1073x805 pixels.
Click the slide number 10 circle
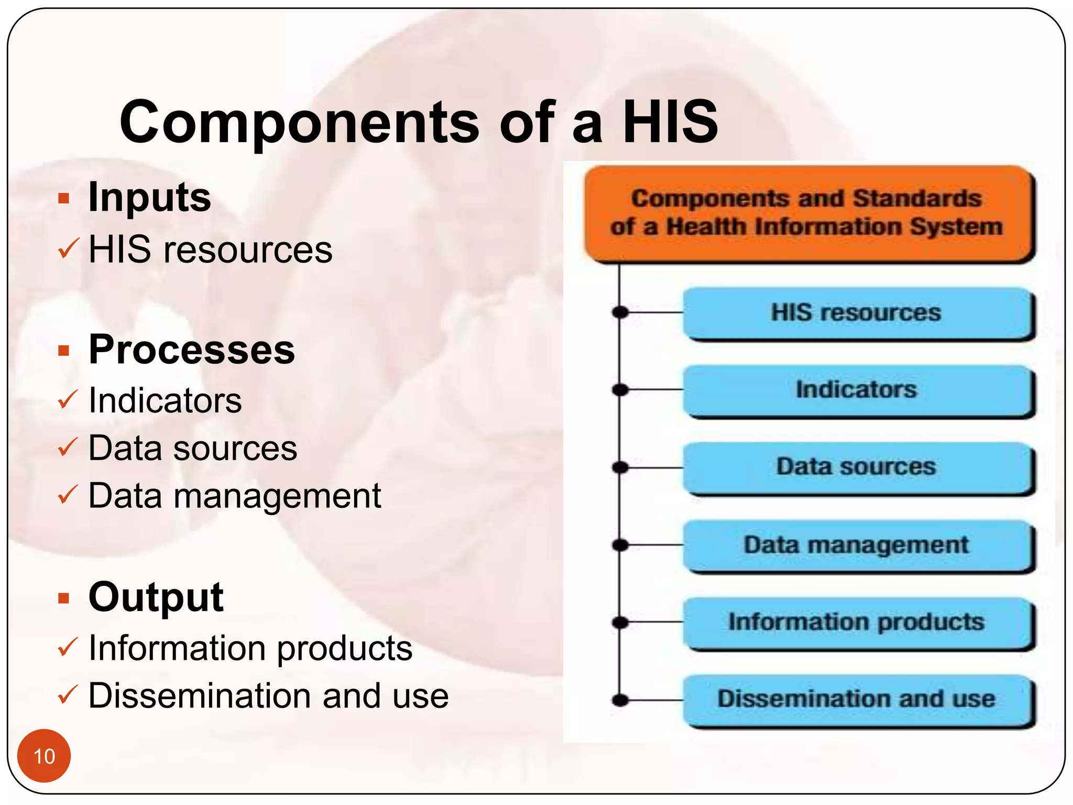coord(44,756)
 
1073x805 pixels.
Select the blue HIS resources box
coord(857,313)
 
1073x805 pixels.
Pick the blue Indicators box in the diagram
coord(857,390)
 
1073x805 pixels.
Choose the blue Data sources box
coord(857,467)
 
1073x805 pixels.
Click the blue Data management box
coord(857,545)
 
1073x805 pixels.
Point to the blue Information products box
coord(857,622)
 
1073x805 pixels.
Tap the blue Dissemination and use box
coord(857,700)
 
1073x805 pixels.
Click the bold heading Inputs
coord(149,198)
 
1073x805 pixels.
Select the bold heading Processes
coord(192,350)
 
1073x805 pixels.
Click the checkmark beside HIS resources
coord(68,248)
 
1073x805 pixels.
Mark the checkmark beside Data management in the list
coord(68,495)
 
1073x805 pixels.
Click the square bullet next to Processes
coord(64,350)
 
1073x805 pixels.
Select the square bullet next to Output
coord(64,597)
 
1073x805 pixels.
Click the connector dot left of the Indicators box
coord(620,390)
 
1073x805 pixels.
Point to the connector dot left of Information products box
coord(620,622)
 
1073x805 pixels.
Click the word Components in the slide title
coord(299,123)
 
